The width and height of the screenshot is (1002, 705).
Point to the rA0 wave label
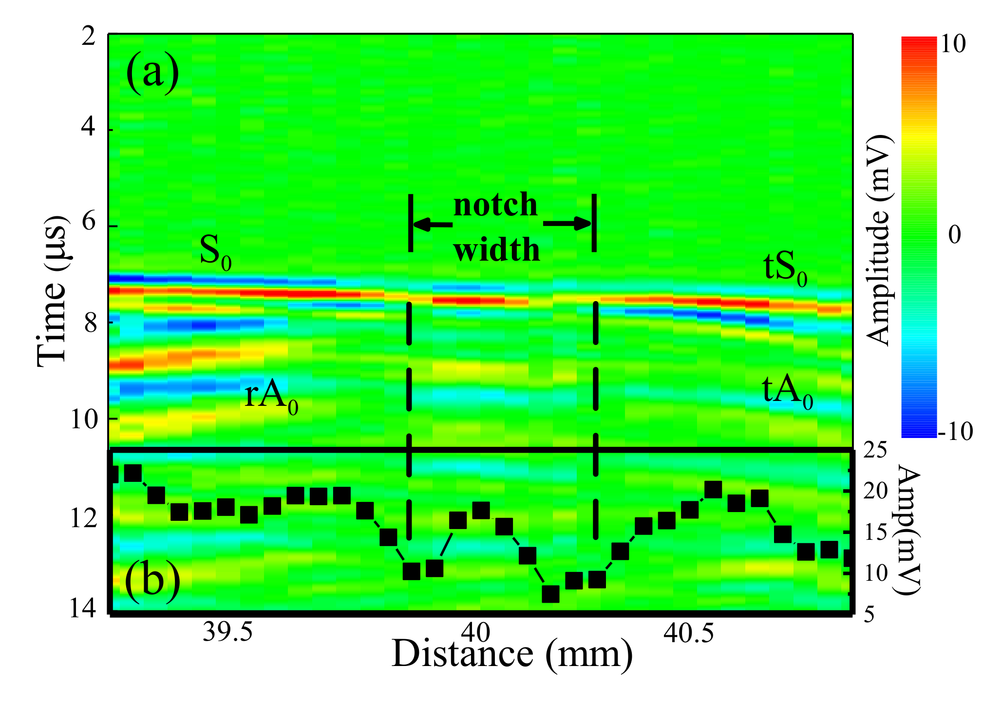(x=271, y=396)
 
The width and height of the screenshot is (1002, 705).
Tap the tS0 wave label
(x=785, y=268)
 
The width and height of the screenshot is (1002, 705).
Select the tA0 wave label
(x=787, y=391)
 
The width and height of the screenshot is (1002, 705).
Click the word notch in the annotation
(x=495, y=205)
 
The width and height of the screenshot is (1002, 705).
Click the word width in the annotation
(x=497, y=250)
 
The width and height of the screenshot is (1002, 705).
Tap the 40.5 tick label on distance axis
(x=688, y=633)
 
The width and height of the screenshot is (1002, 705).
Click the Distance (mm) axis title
(x=512, y=654)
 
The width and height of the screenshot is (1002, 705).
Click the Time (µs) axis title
(x=51, y=290)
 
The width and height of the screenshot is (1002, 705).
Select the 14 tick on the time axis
(x=82, y=609)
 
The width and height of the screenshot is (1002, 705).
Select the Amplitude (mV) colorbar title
(x=880, y=241)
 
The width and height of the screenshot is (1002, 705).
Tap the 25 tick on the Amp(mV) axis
(x=875, y=451)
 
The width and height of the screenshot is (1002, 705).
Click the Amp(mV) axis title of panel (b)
(x=906, y=531)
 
